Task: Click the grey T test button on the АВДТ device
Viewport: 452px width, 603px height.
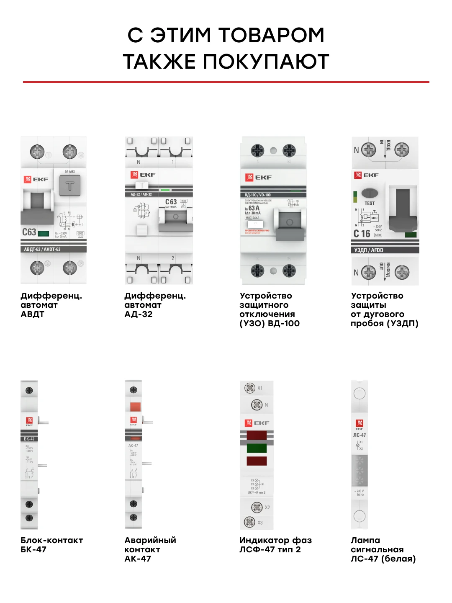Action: pyautogui.click(x=70, y=186)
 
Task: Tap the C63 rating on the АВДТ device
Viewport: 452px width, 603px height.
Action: pyautogui.click(x=29, y=232)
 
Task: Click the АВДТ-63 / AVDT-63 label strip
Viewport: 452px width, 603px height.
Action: pyautogui.click(x=42, y=249)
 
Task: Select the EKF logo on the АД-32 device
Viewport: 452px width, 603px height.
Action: pyautogui.click(x=143, y=175)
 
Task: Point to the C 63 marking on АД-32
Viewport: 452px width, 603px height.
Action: pyautogui.click(x=171, y=202)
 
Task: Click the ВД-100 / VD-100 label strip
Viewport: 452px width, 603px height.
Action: pyautogui.click(x=258, y=195)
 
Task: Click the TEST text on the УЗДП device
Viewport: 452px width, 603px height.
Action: pyautogui.click(x=370, y=204)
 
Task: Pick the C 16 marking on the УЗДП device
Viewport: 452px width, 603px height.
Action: pyautogui.click(x=362, y=234)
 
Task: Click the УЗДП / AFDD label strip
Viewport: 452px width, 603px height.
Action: pyautogui.click(x=369, y=250)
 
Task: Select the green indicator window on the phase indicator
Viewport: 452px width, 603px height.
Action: pyautogui.click(x=257, y=448)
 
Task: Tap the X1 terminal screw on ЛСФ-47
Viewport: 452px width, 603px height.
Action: pyautogui.click(x=250, y=388)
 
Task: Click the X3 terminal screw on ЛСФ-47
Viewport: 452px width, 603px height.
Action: pyautogui.click(x=249, y=522)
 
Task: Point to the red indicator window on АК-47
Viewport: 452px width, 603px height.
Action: pyautogui.click(x=135, y=407)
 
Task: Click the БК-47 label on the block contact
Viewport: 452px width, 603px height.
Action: pyautogui.click(x=29, y=439)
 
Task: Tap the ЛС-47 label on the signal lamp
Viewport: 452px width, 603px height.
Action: pyautogui.click(x=360, y=435)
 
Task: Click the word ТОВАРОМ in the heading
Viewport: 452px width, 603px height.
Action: pyautogui.click(x=271, y=35)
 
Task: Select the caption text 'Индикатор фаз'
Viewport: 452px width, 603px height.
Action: pyautogui.click(x=275, y=540)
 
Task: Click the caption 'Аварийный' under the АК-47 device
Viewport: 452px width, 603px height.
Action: pyautogui.click(x=150, y=540)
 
